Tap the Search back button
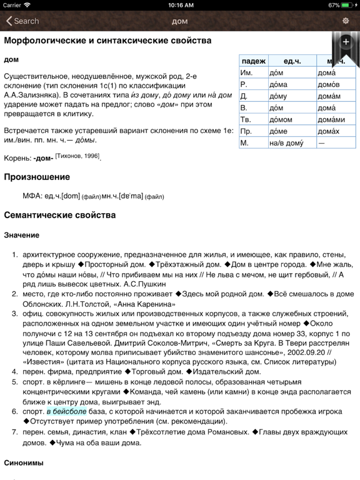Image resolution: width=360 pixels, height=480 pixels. [22, 21]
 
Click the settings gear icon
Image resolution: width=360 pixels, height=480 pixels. [346, 21]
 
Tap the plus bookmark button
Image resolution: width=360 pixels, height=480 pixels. [346, 42]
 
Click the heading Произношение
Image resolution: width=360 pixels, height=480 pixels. [37, 177]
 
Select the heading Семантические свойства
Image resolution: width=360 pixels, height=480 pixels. [59, 215]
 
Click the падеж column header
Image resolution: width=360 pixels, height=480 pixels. [253, 61]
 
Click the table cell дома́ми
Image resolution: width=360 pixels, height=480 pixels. [331, 119]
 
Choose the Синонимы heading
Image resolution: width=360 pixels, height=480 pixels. [24, 463]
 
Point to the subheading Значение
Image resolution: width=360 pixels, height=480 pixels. [21, 235]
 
